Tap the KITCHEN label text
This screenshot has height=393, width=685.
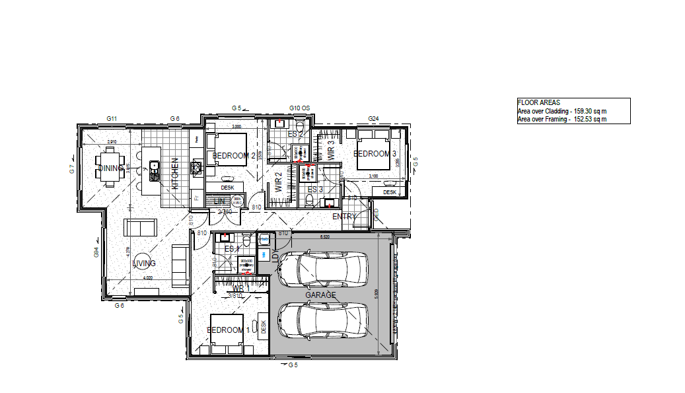176,174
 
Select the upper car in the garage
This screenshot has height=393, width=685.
322,269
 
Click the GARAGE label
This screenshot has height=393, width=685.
320,295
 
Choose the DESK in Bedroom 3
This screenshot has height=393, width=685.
389,192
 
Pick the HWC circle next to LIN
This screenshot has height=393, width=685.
238,200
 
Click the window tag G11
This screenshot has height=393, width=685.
112,118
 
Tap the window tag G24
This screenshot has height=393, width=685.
373,119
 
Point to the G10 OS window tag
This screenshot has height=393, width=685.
299,108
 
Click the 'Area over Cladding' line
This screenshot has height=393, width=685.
562,111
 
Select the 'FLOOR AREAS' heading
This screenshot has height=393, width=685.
538,102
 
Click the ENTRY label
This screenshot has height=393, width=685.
344,216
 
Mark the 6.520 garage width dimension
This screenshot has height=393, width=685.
325,236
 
